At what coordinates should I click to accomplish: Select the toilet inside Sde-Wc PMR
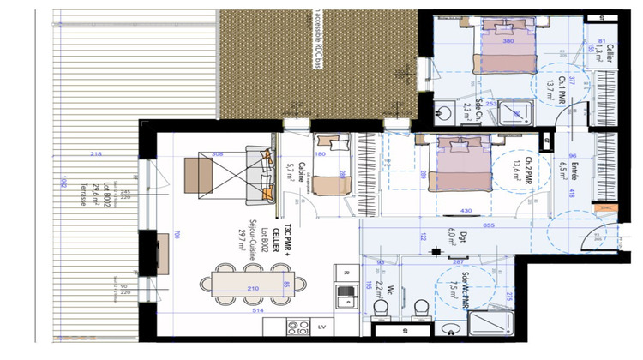pyautogui.click(x=419, y=307)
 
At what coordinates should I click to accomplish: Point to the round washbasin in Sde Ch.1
pyautogui.click(x=447, y=111)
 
